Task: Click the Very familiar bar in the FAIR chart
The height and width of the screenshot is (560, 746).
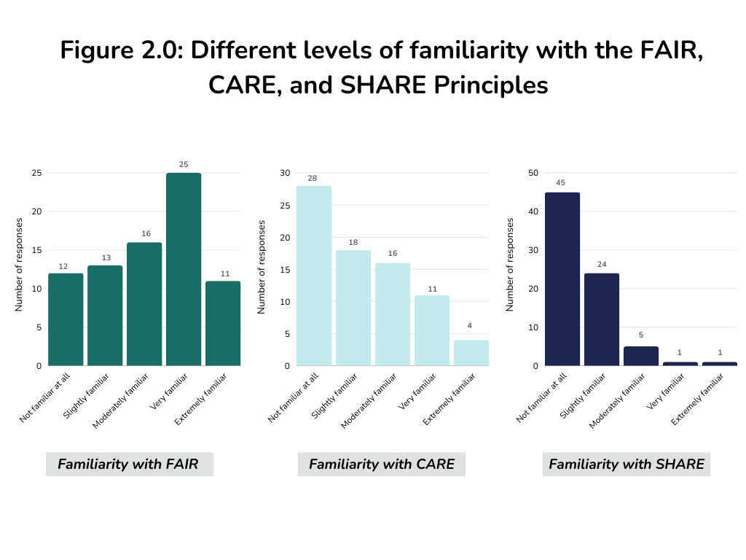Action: [x=184, y=269]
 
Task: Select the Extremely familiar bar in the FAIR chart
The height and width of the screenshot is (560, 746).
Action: [x=223, y=323]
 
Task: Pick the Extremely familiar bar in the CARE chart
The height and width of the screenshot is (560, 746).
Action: [x=471, y=352]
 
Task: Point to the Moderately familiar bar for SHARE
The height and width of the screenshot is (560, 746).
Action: [x=641, y=356]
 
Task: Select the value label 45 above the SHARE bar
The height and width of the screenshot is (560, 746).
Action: [x=562, y=183]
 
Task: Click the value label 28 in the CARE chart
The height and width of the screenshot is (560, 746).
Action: [x=314, y=176]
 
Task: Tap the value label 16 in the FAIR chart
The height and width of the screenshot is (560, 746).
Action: [x=144, y=233]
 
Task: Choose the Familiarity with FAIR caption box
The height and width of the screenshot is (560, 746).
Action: [x=129, y=464]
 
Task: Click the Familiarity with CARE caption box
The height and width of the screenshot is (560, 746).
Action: [x=381, y=464]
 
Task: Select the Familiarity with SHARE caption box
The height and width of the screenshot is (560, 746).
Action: [x=626, y=464]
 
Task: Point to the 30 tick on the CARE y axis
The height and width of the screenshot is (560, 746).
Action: [x=285, y=173]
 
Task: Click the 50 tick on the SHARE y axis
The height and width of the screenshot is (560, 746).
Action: [x=533, y=173]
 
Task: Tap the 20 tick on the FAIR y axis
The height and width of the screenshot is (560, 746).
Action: [x=37, y=211]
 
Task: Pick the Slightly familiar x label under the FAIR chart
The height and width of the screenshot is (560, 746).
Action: [x=86, y=394]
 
